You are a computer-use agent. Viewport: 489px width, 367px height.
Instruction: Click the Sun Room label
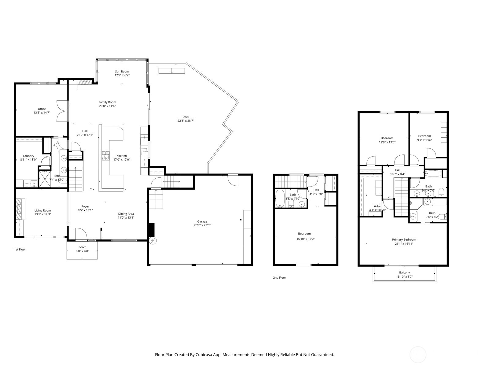[x=122, y=71]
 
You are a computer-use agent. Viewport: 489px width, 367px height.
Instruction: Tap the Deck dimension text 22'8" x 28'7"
[x=186, y=121]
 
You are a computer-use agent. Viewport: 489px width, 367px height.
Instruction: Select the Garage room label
[x=202, y=221]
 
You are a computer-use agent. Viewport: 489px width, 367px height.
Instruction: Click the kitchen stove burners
[x=106, y=156]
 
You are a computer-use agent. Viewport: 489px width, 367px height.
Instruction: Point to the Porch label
[x=82, y=247]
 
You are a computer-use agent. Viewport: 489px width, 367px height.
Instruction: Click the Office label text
[x=42, y=109]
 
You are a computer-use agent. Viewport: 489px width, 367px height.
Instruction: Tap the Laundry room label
[x=29, y=156]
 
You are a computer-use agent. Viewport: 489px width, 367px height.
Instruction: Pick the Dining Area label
[x=126, y=214]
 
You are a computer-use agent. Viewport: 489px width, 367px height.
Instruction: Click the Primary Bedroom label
[x=404, y=239]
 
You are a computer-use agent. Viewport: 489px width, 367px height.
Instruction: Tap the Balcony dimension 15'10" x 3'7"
[x=404, y=277]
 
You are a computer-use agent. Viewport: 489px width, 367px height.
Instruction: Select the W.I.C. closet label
[x=377, y=206]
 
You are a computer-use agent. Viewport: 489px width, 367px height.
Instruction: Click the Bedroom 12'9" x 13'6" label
[x=387, y=138]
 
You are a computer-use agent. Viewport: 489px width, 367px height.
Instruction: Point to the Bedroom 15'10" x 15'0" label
[x=304, y=234]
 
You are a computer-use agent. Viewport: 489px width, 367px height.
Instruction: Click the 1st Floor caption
[x=20, y=250]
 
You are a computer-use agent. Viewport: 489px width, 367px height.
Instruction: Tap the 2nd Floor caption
[x=279, y=278]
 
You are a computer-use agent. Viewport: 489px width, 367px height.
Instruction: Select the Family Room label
[x=107, y=102]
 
